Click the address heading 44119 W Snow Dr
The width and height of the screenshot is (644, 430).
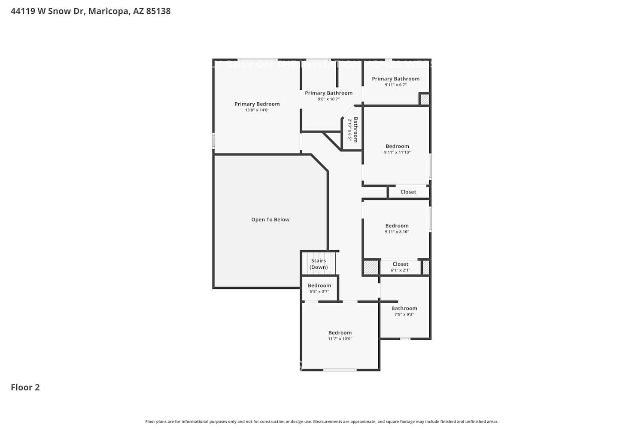coord(90,11)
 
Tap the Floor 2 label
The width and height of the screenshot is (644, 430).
coord(25,387)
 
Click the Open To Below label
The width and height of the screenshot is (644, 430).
coord(270,219)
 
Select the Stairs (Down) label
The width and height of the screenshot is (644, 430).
coord(319,264)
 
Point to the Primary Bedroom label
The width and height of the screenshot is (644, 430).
coord(257,104)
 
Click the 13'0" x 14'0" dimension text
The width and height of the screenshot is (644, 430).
coord(257,110)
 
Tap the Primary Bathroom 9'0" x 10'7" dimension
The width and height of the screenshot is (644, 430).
coord(328,99)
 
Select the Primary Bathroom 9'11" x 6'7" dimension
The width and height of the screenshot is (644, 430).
coord(395,85)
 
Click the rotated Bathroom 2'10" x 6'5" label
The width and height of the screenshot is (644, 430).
coord(352,130)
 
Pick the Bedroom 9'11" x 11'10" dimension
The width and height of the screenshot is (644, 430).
coord(397,152)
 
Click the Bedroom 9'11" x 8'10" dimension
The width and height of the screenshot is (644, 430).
coord(397,232)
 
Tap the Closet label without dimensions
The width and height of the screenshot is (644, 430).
coord(408,192)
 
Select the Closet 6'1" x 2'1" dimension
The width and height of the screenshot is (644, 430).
coord(400,270)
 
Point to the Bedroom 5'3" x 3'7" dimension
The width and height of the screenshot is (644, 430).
coord(319,292)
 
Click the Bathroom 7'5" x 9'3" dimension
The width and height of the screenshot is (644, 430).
coord(404,314)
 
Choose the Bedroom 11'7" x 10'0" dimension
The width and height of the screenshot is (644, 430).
coord(340,339)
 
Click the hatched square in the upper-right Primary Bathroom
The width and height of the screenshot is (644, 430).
coord(424,99)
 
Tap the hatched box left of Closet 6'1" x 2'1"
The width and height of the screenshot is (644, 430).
coord(371,267)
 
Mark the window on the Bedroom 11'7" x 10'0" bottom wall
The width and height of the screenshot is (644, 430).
coord(339,370)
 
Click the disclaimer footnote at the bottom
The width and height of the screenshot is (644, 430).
coord(322,421)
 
